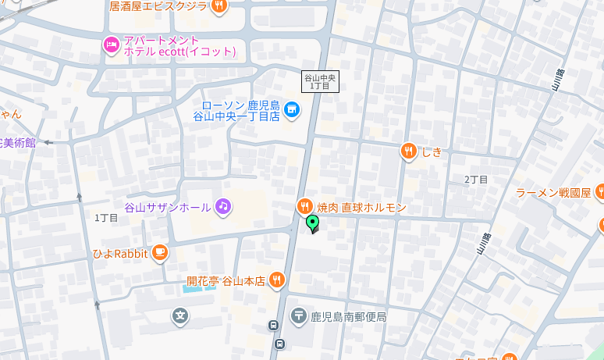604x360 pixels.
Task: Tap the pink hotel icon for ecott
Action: point(111,45)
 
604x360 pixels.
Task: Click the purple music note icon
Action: point(223,206)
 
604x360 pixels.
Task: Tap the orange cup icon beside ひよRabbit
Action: point(159,252)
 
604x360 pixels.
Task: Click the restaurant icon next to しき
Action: point(408,151)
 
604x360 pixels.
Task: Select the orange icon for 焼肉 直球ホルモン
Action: point(304,207)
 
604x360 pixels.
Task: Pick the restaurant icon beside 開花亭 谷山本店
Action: point(276,280)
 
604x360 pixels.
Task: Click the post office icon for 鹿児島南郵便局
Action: point(299,316)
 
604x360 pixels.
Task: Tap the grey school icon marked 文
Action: point(180,316)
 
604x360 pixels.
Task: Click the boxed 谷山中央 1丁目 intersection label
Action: point(320,81)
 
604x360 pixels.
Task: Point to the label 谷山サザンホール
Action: point(168,207)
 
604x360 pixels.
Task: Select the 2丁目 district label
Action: point(475,180)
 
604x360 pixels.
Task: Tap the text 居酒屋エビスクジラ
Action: point(158,6)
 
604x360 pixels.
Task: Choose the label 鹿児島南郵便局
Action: point(348,317)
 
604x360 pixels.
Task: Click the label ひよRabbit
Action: point(120,253)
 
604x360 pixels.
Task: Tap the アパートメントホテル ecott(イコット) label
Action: point(179,45)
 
